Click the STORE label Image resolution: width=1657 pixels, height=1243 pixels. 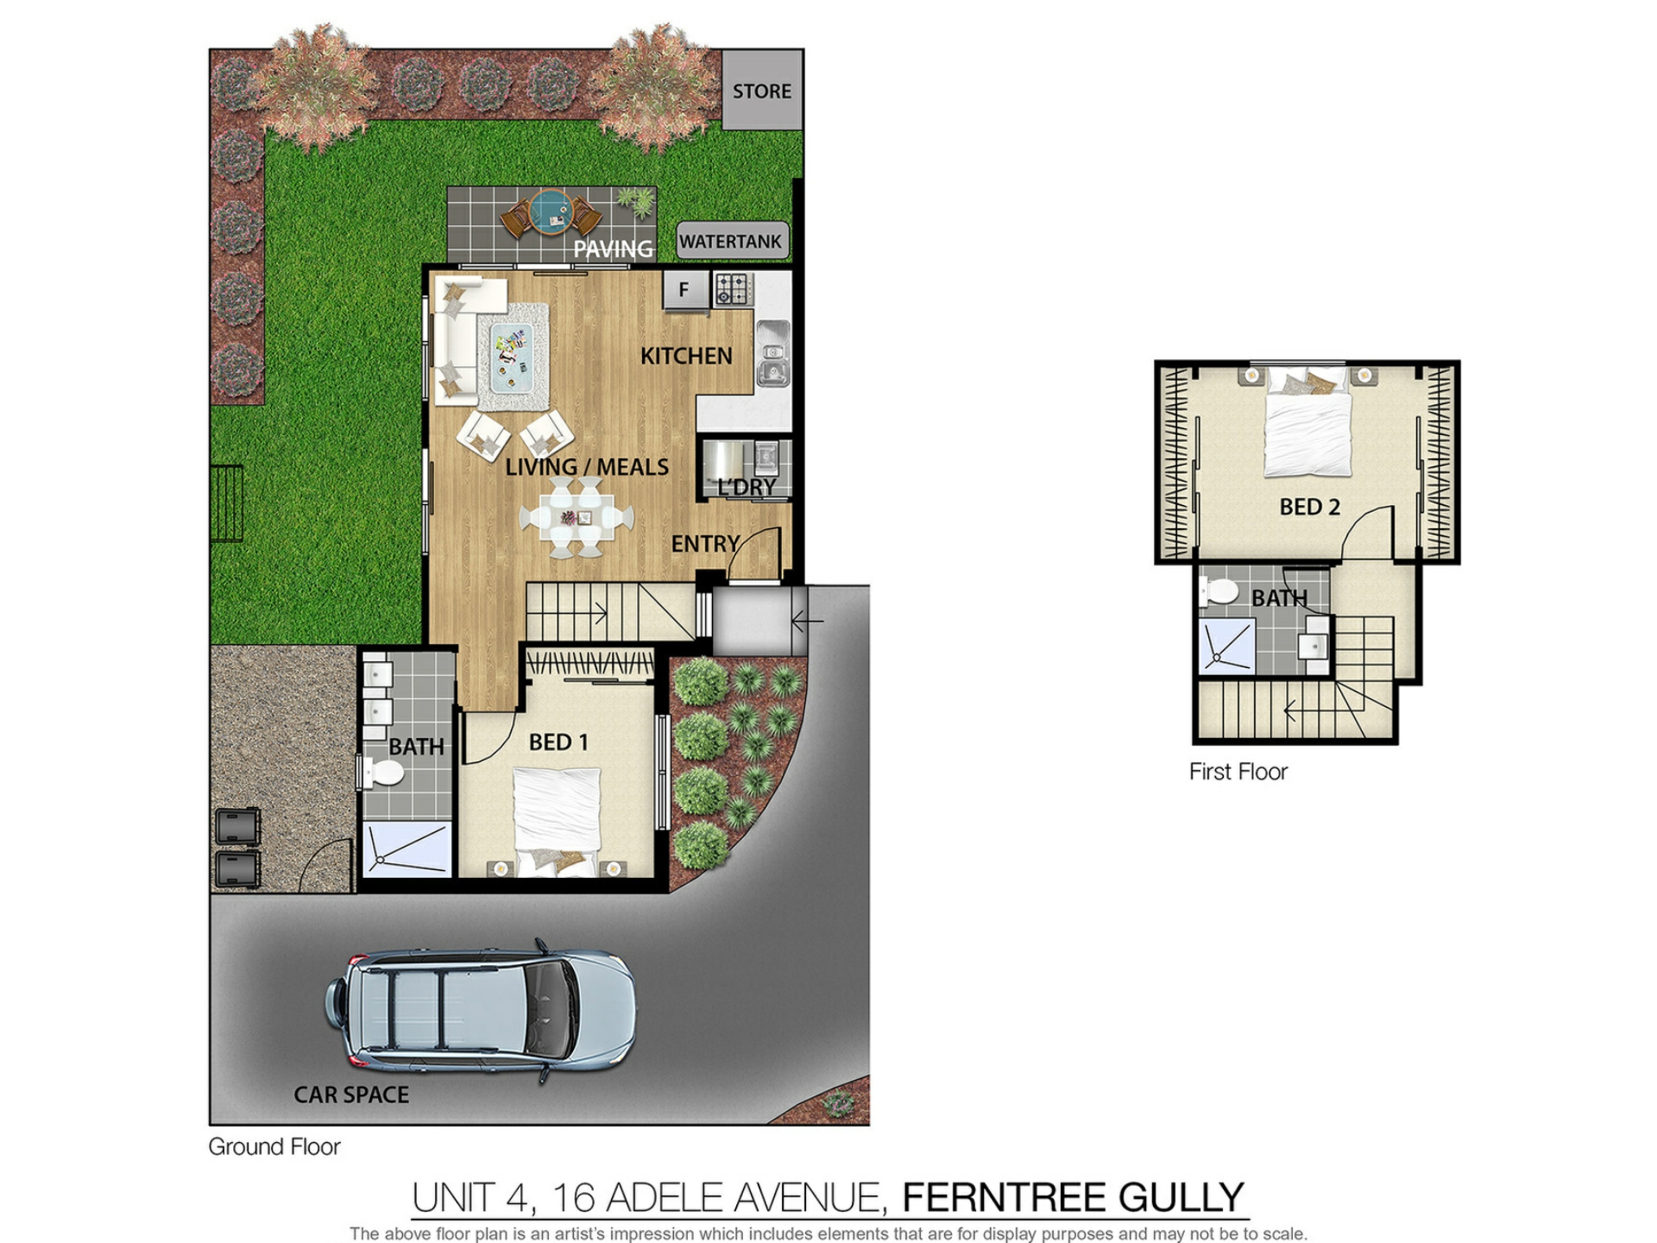click(761, 91)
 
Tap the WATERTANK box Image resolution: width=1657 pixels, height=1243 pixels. click(732, 241)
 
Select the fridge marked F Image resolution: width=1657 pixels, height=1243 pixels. click(685, 289)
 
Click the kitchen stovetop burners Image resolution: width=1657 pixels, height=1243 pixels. click(733, 289)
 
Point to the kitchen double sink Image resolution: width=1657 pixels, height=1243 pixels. click(773, 352)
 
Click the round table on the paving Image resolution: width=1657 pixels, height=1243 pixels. click(551, 212)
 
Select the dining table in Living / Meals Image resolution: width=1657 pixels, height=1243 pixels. click(576, 517)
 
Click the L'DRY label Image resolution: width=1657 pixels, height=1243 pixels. click(747, 487)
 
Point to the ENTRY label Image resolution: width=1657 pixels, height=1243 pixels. click(705, 544)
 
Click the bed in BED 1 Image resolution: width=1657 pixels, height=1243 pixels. click(557, 820)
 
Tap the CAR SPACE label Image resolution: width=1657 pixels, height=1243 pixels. click(351, 1095)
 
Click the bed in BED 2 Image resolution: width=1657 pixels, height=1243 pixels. click(1307, 422)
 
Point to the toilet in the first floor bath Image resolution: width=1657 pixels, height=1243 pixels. click(1219, 592)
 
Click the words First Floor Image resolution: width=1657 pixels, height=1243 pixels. click(1238, 772)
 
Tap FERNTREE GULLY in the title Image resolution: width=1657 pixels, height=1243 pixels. click(1073, 1197)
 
